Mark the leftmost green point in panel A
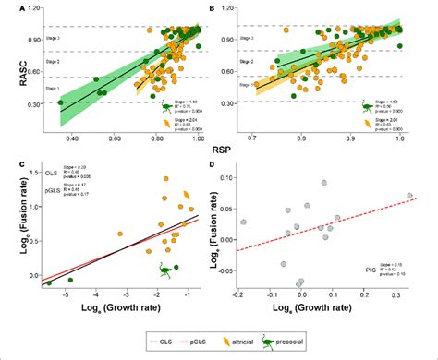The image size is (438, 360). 61,102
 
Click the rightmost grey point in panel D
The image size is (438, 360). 409,196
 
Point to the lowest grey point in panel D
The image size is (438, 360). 299,282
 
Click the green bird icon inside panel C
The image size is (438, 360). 166,270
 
